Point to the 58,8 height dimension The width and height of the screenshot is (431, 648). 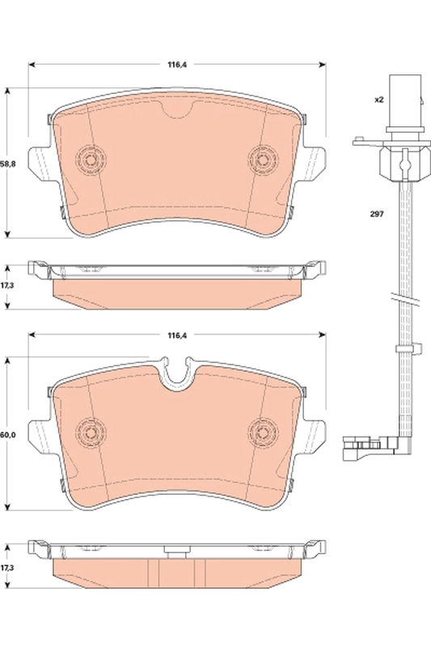pyautogui.click(x=7, y=163)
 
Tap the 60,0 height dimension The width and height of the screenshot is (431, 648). pyautogui.click(x=7, y=436)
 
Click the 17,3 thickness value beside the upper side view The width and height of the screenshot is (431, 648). pyautogui.click(x=7, y=286)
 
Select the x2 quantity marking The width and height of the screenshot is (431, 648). pyautogui.click(x=378, y=100)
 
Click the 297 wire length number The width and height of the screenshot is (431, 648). pyautogui.click(x=378, y=215)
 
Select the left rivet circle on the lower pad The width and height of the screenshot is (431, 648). pyautogui.click(x=89, y=429)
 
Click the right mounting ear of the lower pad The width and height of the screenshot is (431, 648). pyautogui.click(x=316, y=435)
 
